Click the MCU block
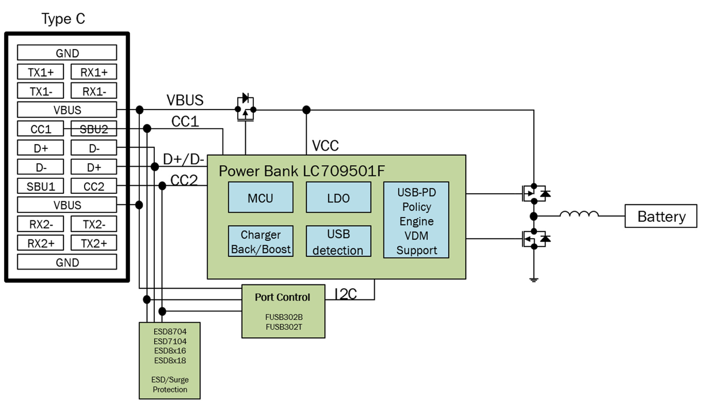261,197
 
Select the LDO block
338,197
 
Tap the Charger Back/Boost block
261,241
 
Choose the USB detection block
338,241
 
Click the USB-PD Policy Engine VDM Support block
416,220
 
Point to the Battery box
660,216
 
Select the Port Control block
283,311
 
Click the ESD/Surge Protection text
170,384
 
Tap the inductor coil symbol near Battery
579,214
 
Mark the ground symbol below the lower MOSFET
534,279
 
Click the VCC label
325,146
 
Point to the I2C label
346,294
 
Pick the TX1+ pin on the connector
41,72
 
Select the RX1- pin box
94,91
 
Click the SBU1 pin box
41,186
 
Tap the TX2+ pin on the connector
94,243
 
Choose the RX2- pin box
41,224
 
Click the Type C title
63,19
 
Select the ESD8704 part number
170,332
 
